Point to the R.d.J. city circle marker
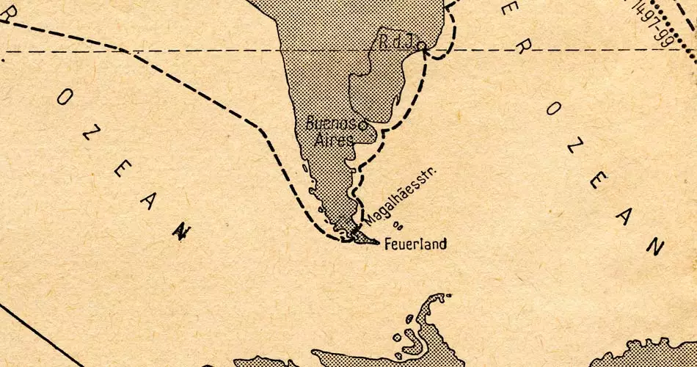click(423, 46)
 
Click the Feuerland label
click(415, 244)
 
